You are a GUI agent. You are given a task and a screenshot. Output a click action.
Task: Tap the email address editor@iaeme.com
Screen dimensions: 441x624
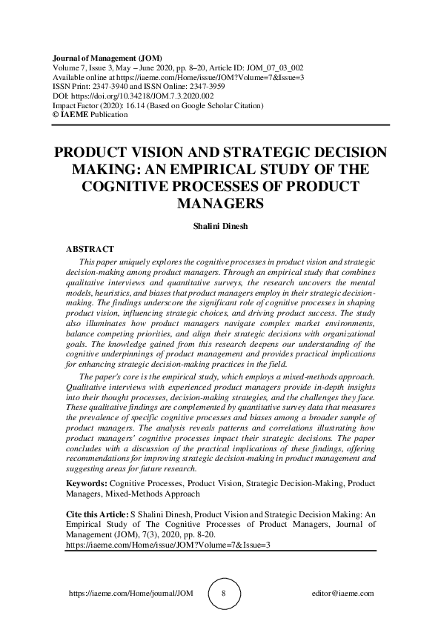point(344,594)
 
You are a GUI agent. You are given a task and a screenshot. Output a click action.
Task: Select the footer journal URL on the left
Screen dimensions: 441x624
point(119,594)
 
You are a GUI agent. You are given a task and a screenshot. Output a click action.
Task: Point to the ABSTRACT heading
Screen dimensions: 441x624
point(90,249)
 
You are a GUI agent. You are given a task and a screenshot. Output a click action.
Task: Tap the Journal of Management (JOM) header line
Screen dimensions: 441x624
point(109,58)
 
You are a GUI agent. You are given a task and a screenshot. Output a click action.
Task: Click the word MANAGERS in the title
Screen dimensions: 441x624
point(221,202)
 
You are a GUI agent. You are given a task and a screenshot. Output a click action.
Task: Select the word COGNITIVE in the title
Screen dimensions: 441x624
point(136,185)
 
